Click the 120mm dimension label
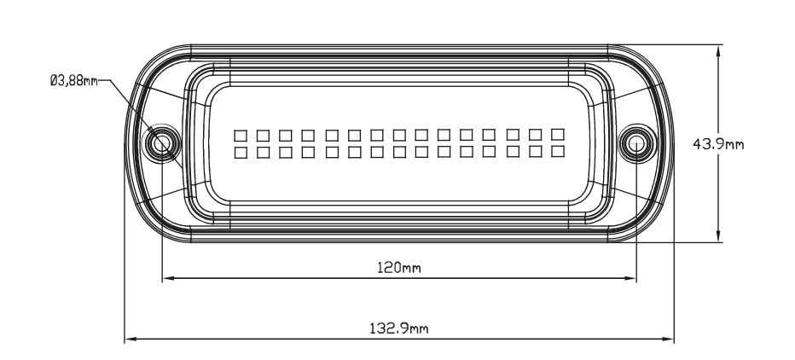tap(399, 267)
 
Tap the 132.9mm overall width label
tap(399, 328)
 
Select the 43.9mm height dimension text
tap(718, 144)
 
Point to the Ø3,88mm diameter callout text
tap(74, 81)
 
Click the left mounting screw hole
tap(162, 143)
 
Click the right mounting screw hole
tap(636, 144)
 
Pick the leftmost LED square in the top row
tap(241, 136)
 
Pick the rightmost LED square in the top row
tap(558, 135)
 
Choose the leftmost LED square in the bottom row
tap(241, 153)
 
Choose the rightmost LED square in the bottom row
tap(558, 151)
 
